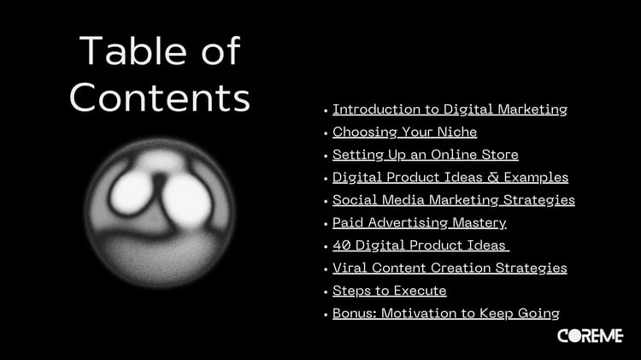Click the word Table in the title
tap(132, 50)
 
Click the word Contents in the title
tap(160, 97)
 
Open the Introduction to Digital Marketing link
tap(450, 109)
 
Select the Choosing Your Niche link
tap(405, 133)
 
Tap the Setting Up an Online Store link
tap(425, 155)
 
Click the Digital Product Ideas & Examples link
tap(450, 177)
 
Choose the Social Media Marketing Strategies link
tap(453, 200)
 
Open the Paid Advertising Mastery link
tap(420, 222)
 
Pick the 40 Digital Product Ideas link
tap(420, 245)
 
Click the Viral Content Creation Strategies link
tap(450, 268)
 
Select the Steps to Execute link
tap(389, 291)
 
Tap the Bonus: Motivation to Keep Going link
tap(446, 313)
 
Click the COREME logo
tap(590, 336)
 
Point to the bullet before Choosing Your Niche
tap(326, 133)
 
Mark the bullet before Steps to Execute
tap(326, 292)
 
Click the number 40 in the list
tap(341, 245)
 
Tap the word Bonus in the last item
tap(355, 313)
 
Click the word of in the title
tap(221, 50)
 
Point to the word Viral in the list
tap(350, 268)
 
